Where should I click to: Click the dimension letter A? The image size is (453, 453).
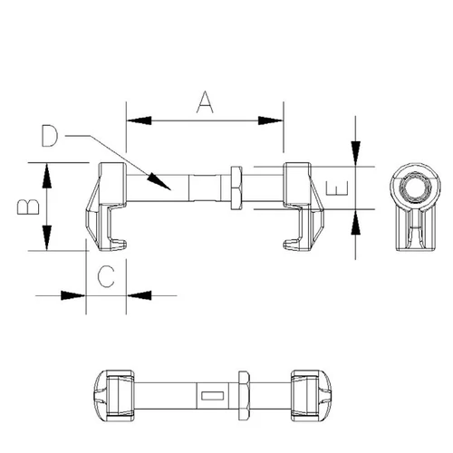coord(205,102)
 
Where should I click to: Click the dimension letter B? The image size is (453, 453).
coord(28,207)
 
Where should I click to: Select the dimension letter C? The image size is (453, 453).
coord(106,276)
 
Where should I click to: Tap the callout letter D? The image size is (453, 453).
coord(49,136)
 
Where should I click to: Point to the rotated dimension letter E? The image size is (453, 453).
coord(337,188)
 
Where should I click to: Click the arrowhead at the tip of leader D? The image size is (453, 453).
coord(159,181)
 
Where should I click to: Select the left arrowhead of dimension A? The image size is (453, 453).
coord(139,120)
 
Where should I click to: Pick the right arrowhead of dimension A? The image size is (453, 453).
coord(271,120)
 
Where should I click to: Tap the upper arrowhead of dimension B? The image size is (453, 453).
coord(46,175)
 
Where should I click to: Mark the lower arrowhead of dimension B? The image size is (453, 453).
coord(46,237)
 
